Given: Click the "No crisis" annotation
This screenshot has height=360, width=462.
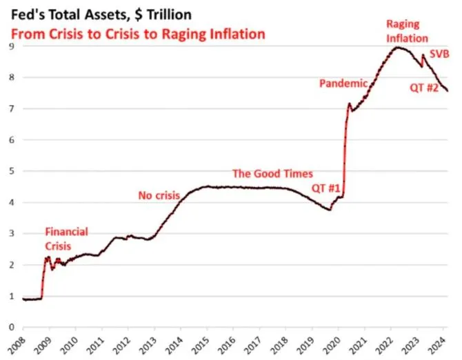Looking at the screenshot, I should point(159,196).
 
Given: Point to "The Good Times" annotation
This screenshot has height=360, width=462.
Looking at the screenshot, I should point(272,174).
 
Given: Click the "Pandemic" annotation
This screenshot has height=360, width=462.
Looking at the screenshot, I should point(343,83).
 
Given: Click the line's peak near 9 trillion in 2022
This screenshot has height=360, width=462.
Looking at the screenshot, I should point(398,47).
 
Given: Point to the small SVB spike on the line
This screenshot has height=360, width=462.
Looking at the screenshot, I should point(423,55).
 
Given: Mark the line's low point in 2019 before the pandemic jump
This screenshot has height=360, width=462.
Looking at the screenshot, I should point(330,209).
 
